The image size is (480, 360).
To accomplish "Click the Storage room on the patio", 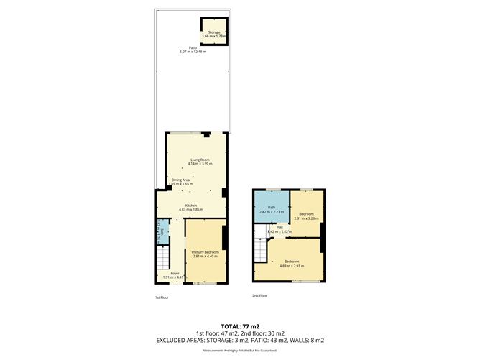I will pos(213,34).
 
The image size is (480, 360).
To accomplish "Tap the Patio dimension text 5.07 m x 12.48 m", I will pos(193,52).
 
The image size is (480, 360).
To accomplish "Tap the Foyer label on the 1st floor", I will pos(175,273).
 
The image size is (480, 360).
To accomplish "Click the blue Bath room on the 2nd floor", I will pos(272,209).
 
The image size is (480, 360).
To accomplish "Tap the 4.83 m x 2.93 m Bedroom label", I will pos(291,262).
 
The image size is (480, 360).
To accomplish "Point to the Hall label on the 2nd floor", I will pos(280,227).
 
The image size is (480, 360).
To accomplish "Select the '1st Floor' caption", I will pos(162,297).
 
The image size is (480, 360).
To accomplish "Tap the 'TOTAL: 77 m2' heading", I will pos(240,326).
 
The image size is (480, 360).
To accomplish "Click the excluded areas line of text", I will pos(240,340).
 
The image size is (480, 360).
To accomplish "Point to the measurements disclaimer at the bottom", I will pos(240,350).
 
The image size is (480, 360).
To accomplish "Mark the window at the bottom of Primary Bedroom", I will pos(205,284).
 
